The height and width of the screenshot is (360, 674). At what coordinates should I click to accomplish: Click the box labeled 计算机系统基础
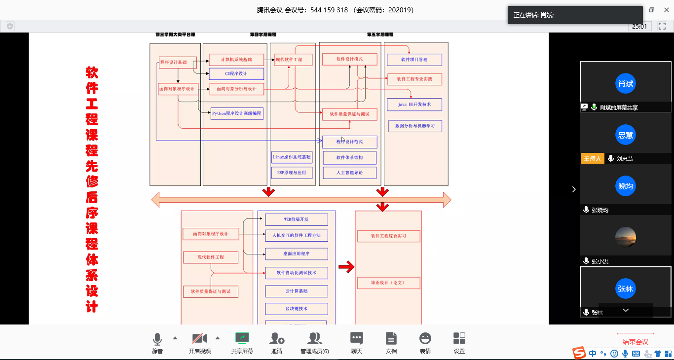click(x=236, y=60)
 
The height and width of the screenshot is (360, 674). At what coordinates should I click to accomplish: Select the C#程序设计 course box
click(x=236, y=73)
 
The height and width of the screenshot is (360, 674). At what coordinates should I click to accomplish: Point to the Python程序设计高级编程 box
click(x=237, y=113)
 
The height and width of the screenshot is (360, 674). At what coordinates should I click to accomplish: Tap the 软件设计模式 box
click(x=349, y=59)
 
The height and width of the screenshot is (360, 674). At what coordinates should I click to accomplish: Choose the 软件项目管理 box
click(x=414, y=60)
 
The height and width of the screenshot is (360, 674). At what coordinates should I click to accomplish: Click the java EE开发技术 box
click(x=414, y=105)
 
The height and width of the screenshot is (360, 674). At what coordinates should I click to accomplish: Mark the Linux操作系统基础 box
click(x=292, y=157)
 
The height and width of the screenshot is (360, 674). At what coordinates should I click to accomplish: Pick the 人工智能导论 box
click(x=349, y=173)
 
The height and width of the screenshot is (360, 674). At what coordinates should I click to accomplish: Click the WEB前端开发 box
click(x=296, y=219)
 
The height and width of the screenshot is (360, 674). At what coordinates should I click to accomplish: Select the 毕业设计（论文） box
click(x=388, y=283)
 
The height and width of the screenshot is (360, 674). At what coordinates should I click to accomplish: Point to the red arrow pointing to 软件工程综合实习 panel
click(x=346, y=267)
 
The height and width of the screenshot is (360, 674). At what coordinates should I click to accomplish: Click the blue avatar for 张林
click(x=625, y=288)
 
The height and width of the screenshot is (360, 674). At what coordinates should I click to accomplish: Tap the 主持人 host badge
click(x=592, y=158)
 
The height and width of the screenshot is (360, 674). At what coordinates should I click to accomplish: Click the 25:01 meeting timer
click(x=639, y=26)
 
